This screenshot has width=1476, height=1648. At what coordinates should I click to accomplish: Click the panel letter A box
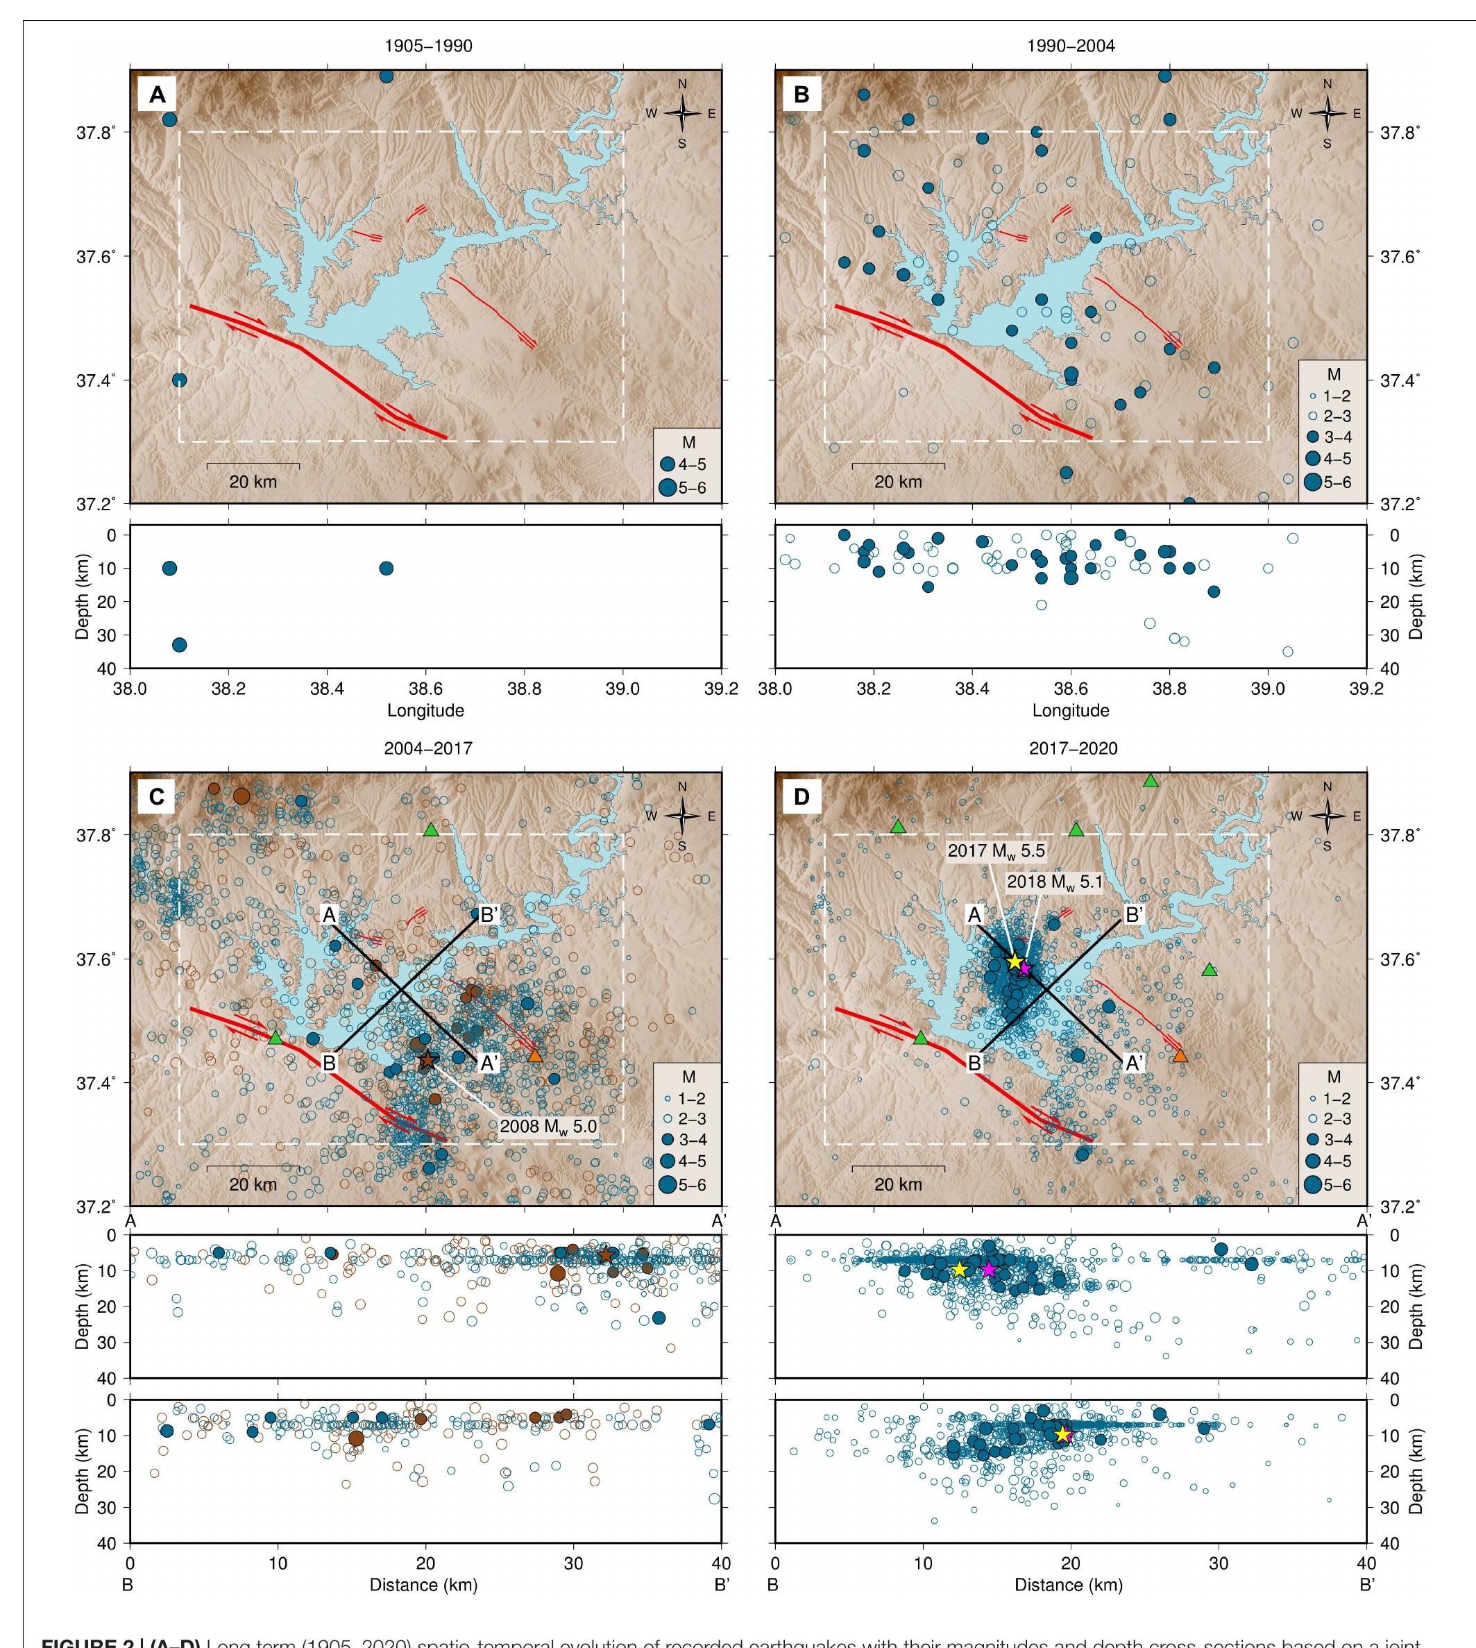158,95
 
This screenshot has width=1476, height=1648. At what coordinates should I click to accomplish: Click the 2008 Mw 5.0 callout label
548,1126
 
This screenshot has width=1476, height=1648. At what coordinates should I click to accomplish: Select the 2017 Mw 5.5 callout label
996,851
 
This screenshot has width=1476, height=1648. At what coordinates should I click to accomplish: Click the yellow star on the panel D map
1015,961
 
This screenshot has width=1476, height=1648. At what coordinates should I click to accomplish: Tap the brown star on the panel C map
427,1059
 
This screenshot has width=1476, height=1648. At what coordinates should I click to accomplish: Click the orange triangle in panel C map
534,1056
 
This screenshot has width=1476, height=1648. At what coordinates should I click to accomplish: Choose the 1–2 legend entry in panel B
1330,396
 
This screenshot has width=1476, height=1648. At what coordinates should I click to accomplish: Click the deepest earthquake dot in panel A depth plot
179,645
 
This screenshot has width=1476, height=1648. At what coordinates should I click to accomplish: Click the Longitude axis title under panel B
1071,711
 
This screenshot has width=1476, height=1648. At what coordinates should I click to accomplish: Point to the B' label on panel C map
489,915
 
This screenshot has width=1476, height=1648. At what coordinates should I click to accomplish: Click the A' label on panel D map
1134,1063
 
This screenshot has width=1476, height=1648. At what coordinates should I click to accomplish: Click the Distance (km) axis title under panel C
423,1585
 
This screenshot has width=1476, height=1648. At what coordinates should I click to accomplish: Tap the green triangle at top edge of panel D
1150,780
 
